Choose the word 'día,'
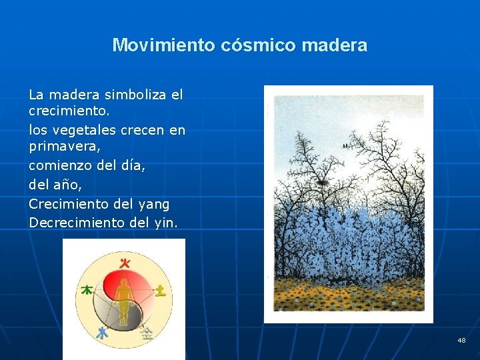pyautogui.click(x=131, y=164)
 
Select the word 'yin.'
pyautogui.click(x=165, y=223)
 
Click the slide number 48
pyautogui.click(x=461, y=341)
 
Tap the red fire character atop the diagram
pyautogui.click(x=123, y=263)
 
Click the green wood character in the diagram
pyautogui.click(x=87, y=290)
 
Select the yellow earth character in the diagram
pyautogui.click(x=161, y=290)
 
